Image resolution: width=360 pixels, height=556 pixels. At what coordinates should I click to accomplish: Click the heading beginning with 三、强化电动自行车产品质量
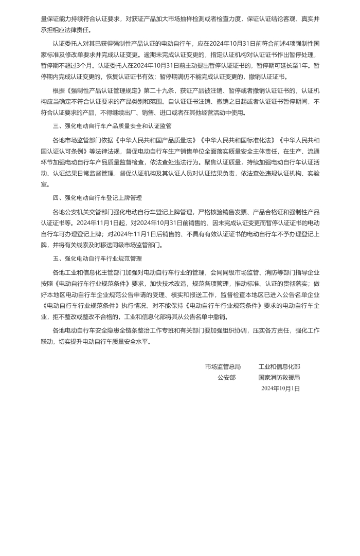click(x=112, y=125)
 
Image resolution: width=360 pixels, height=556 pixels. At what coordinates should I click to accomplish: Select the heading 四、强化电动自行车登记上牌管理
click(x=97, y=197)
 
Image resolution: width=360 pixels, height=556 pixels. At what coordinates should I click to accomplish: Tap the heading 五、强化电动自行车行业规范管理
click(x=97, y=258)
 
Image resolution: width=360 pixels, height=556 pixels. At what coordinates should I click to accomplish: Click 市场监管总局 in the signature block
click(x=223, y=366)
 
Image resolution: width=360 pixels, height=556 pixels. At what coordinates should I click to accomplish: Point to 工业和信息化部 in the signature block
click(x=279, y=366)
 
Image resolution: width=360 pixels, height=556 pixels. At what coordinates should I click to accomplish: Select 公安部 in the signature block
click(x=226, y=377)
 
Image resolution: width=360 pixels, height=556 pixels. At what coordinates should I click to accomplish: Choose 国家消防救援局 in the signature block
click(x=279, y=377)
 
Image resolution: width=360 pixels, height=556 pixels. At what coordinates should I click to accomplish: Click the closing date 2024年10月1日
click(x=280, y=388)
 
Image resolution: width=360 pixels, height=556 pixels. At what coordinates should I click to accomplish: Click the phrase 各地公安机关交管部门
click(x=81, y=212)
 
